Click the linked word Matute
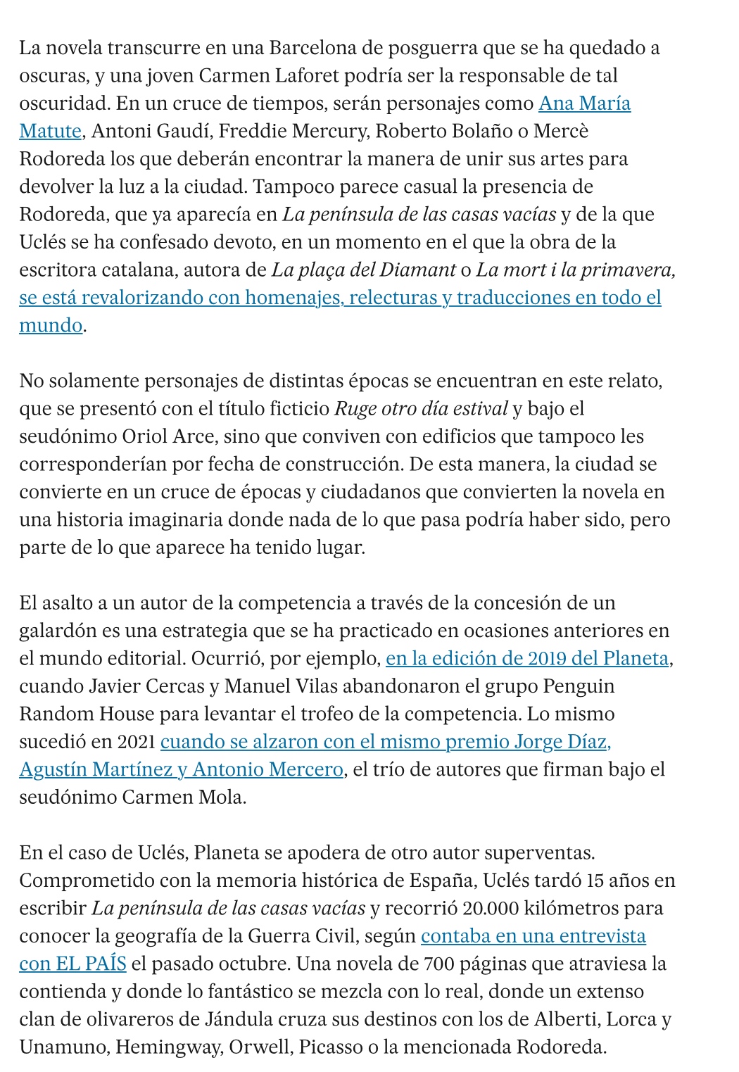pos(50,131)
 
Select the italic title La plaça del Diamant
pos(364,270)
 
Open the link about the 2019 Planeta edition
pos(527,658)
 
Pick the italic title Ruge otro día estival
pos(421,408)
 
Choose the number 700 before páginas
pos(443,964)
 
